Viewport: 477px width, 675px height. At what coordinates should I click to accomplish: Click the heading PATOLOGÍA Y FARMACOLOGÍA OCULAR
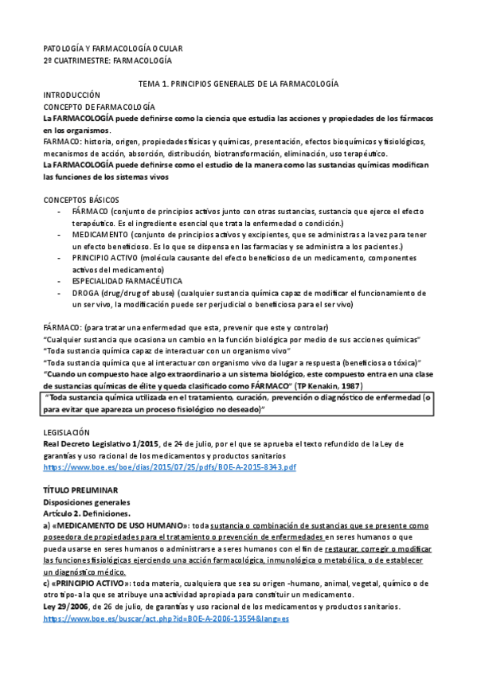(112, 49)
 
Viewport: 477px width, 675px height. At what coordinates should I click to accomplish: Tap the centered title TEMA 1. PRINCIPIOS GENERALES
(238, 83)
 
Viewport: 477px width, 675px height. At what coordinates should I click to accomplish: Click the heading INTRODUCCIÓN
(72, 94)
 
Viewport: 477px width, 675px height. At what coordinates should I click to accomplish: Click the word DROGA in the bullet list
(86, 293)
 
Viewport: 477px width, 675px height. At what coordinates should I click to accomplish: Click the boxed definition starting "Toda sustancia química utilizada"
(238, 404)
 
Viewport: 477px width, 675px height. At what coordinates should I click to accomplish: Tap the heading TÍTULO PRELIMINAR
(80, 491)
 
